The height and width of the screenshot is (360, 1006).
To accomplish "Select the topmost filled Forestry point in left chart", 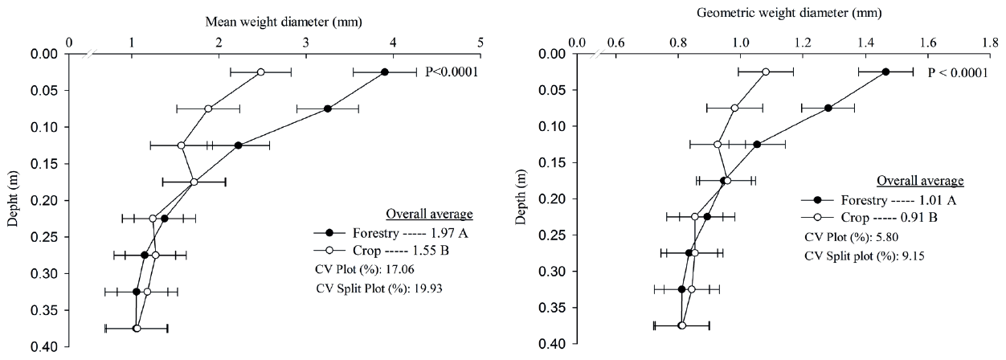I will tap(385, 72).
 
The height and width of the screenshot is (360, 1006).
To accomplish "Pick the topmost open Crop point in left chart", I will tap(261, 72).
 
